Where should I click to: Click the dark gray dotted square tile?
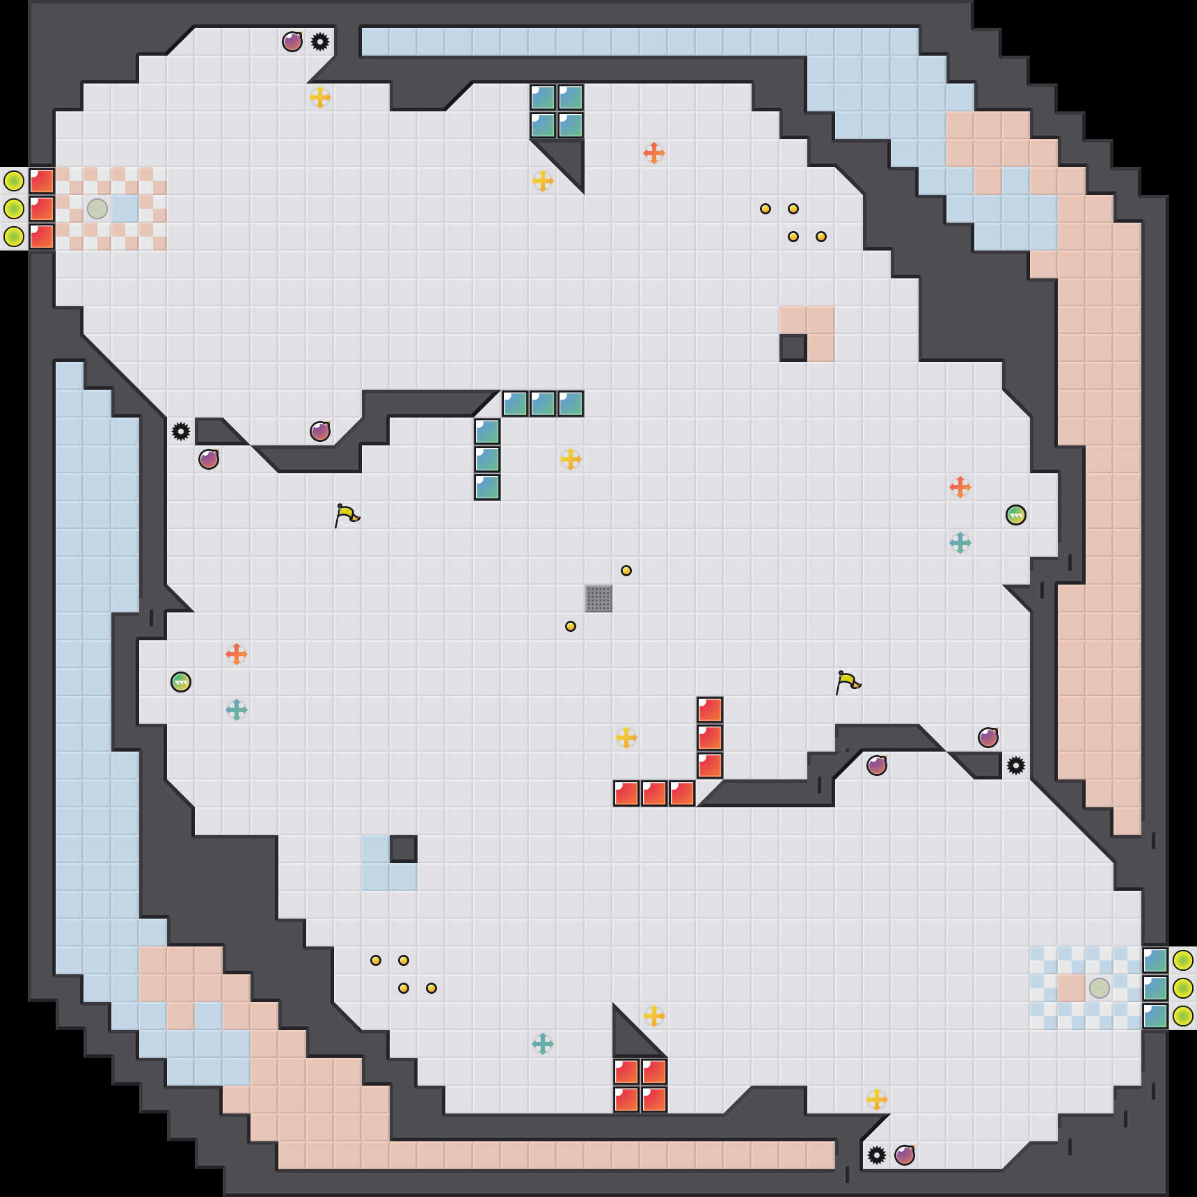[x=598, y=598]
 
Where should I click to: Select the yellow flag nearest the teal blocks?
[x=347, y=515]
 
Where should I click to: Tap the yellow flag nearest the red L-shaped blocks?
[x=848, y=682]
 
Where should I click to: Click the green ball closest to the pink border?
[x=1016, y=515]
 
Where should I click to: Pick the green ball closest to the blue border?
[x=181, y=682]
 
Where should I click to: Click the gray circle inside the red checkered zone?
[x=97, y=209]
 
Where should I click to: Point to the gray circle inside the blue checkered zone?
[x=1100, y=988]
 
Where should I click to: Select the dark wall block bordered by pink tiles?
[x=793, y=348]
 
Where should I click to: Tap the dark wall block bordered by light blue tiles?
[x=404, y=849]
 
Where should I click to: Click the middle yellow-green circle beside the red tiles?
[x=14, y=209]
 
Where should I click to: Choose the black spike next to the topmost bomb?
[x=320, y=42]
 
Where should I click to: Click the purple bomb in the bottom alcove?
[x=905, y=1155]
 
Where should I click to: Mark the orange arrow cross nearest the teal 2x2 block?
[x=654, y=153]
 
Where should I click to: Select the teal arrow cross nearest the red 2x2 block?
[x=543, y=1044]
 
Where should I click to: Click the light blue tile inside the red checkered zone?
[x=125, y=209]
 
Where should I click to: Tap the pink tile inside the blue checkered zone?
[x=1072, y=988]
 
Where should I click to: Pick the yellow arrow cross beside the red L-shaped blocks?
[x=626, y=738]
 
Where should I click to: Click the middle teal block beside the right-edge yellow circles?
[x=1155, y=988]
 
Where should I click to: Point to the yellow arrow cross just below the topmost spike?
[x=320, y=97]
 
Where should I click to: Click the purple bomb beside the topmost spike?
[x=292, y=42]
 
